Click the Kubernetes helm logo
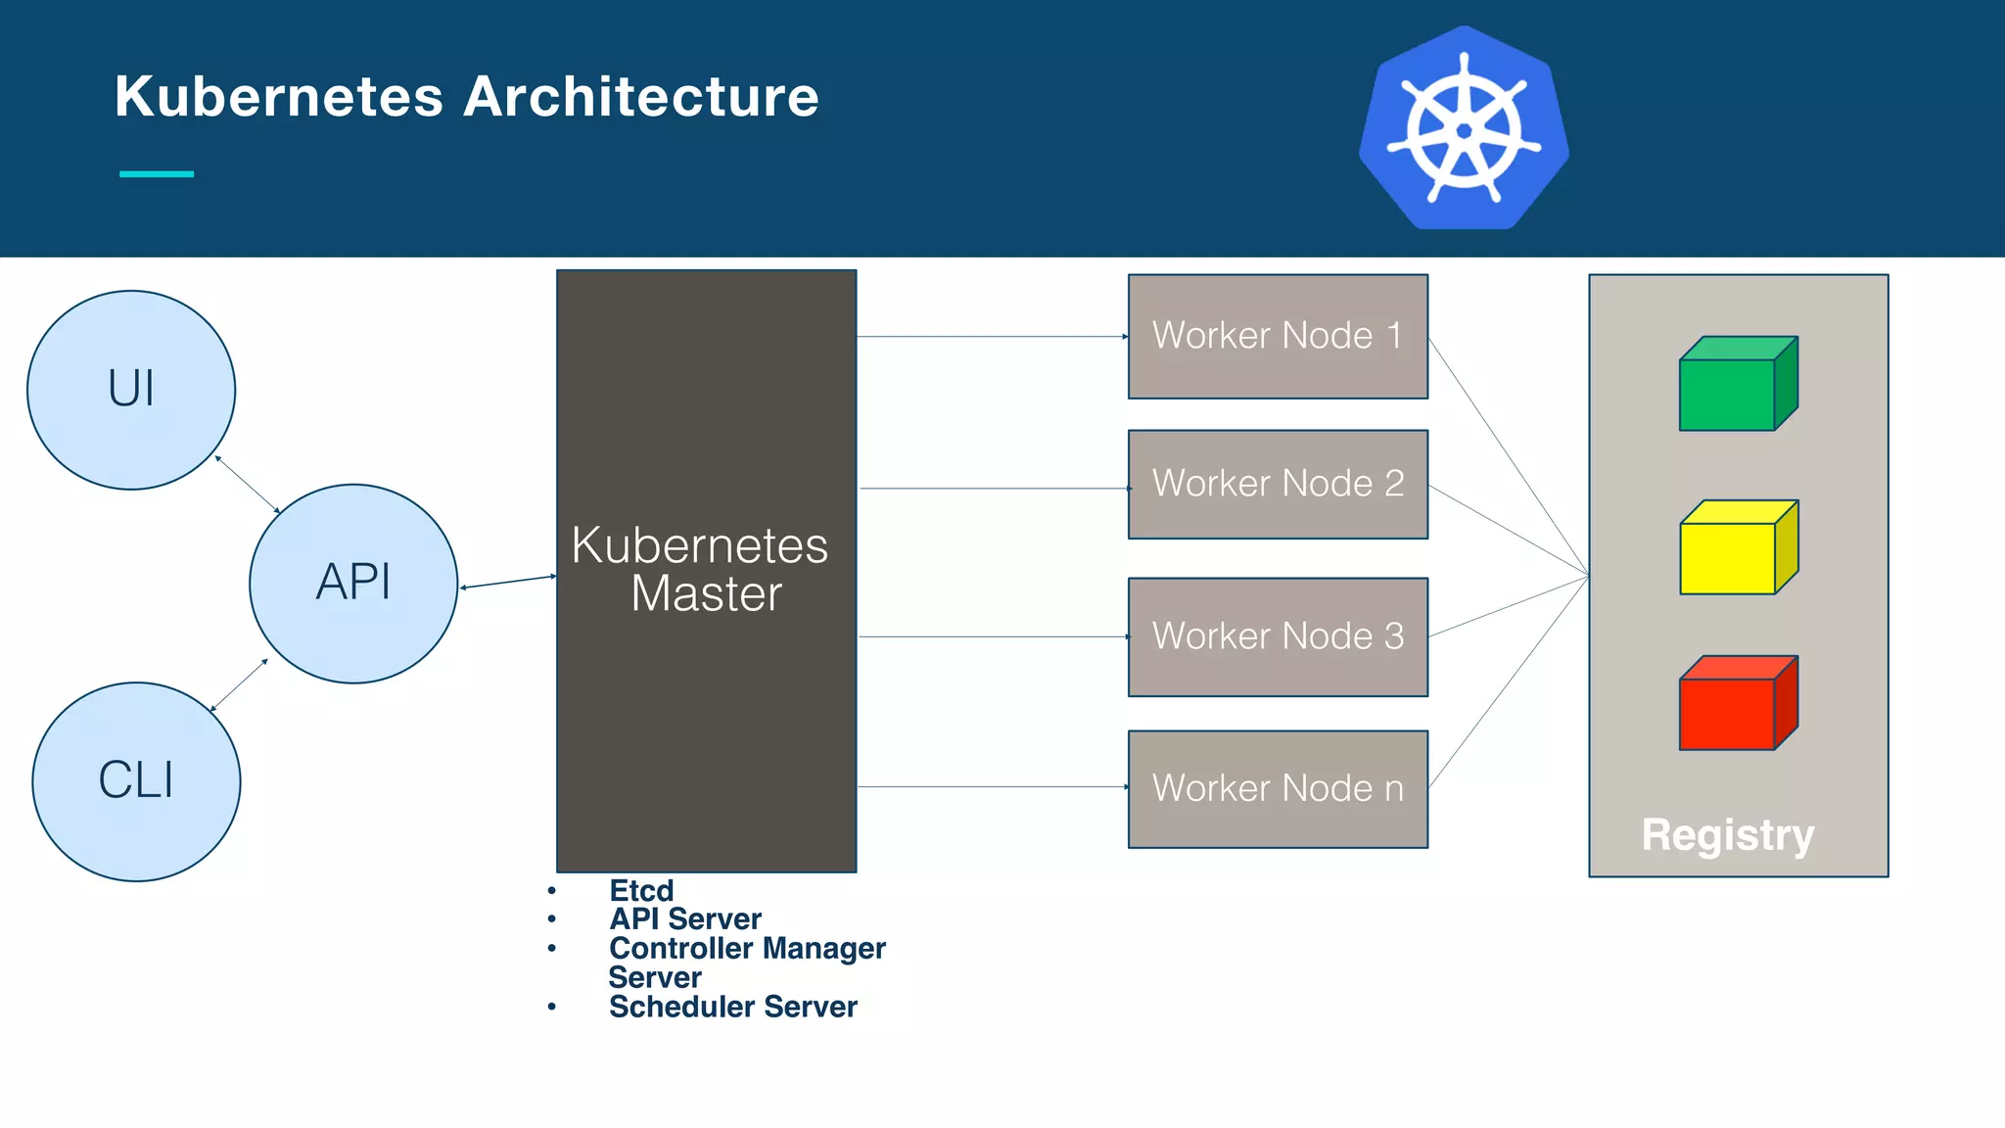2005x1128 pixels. coord(1464,129)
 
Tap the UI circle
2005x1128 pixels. coord(131,389)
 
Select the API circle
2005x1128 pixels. coord(353,583)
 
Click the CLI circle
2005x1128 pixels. coord(136,780)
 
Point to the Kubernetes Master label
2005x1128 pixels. coord(701,569)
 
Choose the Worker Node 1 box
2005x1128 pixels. coord(1278,336)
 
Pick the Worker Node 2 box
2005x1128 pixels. coord(1278,484)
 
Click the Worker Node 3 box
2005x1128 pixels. coord(1278,636)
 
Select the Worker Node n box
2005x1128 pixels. coord(1278,788)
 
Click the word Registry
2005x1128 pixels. coord(1728,835)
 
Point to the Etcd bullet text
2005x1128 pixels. coord(641,890)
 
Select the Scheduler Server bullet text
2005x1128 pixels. coord(732,1007)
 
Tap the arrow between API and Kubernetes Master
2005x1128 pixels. coord(508,582)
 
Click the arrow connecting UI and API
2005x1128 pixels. coord(248,484)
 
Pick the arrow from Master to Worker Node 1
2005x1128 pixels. coord(992,337)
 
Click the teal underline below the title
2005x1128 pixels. coord(157,174)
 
